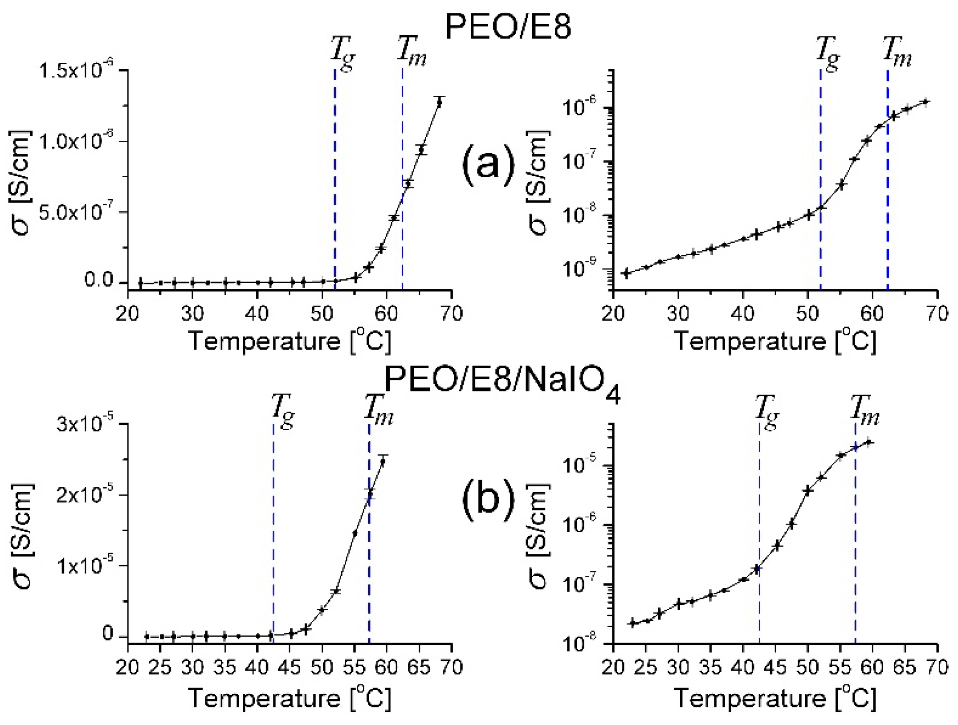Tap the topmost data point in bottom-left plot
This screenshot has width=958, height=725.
(382, 461)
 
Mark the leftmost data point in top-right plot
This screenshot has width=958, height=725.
(626, 273)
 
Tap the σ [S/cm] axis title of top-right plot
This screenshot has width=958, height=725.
(540, 183)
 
